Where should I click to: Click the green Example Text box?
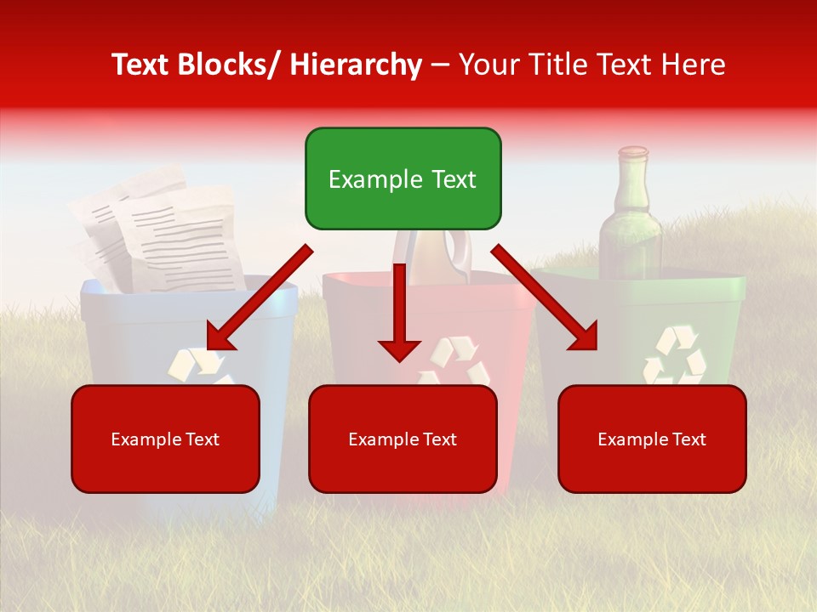pyautogui.click(x=403, y=178)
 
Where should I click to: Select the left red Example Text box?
pyautogui.click(x=165, y=439)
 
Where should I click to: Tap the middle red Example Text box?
pyautogui.click(x=403, y=439)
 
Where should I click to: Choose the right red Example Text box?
pyautogui.click(x=652, y=439)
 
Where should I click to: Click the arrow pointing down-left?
pyautogui.click(x=259, y=297)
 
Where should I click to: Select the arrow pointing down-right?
pyautogui.click(x=545, y=297)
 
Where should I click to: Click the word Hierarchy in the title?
pyautogui.click(x=356, y=65)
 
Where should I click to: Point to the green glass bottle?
pyautogui.click(x=631, y=229)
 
